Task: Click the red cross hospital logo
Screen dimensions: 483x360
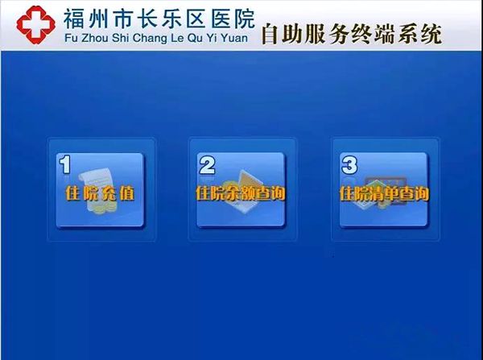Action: (x=35, y=25)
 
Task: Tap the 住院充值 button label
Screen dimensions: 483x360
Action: (x=100, y=194)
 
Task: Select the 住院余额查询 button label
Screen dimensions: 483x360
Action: (x=240, y=193)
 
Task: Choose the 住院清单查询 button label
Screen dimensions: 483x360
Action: (x=384, y=193)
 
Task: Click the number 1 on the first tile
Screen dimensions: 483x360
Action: (x=65, y=164)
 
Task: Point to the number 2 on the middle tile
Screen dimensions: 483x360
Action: (x=207, y=165)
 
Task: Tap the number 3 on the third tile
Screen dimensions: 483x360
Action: (x=349, y=165)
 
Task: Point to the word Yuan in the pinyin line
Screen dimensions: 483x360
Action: (x=235, y=38)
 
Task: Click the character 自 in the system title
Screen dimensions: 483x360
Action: (x=270, y=34)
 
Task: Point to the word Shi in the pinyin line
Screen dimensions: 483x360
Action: (x=120, y=38)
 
